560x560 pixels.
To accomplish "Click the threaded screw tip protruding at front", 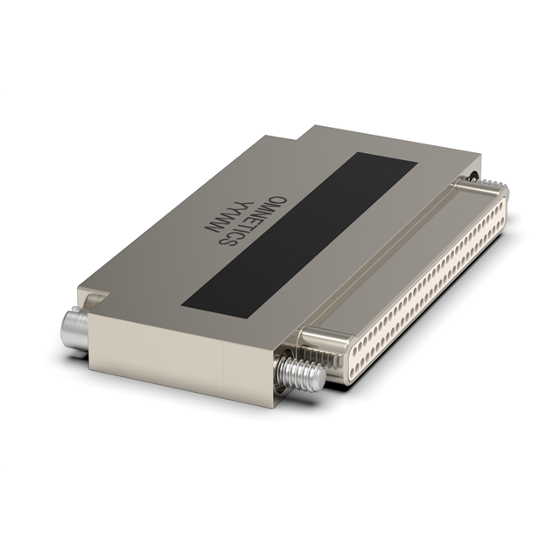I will [302, 374].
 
